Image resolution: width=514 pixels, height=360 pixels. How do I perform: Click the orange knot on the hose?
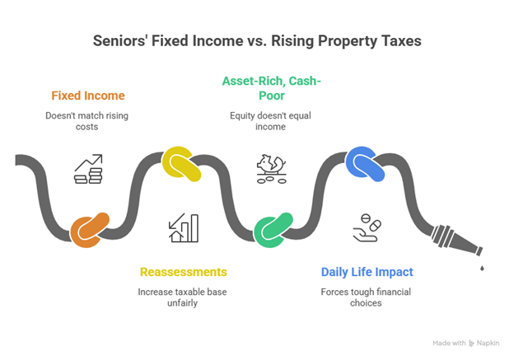tap(89, 231)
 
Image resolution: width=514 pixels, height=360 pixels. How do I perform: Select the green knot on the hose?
tap(273, 231)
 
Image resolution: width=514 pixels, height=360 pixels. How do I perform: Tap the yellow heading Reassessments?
tap(183, 272)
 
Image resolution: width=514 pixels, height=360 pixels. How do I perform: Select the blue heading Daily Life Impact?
tap(367, 272)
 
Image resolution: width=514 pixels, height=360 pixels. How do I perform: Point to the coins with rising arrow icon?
tap(88, 168)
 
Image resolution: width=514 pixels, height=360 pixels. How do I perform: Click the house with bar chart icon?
tap(183, 228)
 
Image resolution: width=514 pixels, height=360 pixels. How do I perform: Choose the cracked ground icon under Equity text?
tap(272, 168)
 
